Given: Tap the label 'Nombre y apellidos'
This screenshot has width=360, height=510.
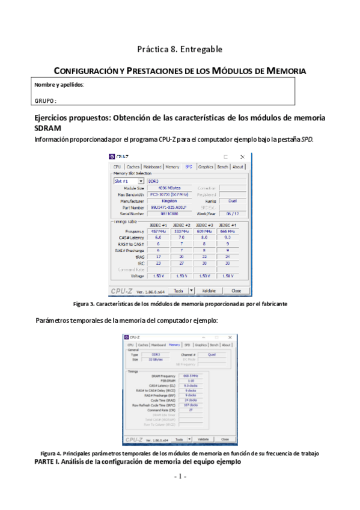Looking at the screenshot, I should (59, 85).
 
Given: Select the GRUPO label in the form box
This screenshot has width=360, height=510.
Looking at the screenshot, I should (46, 100).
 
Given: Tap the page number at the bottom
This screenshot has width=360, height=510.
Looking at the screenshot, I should (180, 476).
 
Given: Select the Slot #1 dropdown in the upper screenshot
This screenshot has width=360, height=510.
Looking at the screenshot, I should (129, 180).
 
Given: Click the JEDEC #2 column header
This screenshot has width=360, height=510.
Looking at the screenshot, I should (182, 225).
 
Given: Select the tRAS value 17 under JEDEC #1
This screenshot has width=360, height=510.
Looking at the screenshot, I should (157, 256).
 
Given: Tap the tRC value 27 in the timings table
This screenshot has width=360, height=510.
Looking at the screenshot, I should (182, 263).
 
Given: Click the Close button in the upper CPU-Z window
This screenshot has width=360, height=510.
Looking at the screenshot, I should (236, 290).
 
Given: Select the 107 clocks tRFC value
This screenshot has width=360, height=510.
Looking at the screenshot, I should (191, 405).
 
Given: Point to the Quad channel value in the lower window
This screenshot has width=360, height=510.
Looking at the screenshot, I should (212, 354).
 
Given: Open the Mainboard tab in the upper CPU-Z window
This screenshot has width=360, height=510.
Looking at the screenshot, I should (153, 167).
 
